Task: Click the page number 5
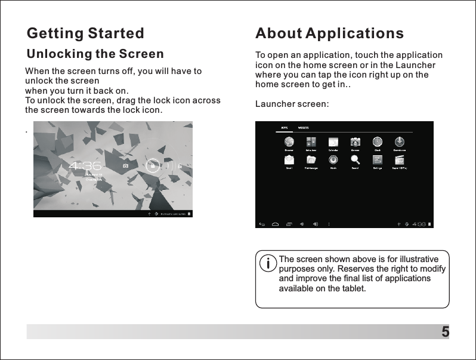point(444,331)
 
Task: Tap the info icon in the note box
point(269,263)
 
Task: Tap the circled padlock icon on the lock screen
point(153,165)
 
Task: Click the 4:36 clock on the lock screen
point(85,165)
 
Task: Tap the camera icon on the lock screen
point(126,165)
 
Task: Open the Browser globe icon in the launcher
point(289,142)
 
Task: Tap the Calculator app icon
point(311,142)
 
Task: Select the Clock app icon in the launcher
point(378,142)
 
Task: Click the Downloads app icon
point(400,142)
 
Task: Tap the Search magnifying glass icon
point(355,159)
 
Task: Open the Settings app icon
point(378,159)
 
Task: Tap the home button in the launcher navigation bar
point(275,224)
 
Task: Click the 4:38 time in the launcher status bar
point(419,224)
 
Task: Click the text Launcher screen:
point(292,104)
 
